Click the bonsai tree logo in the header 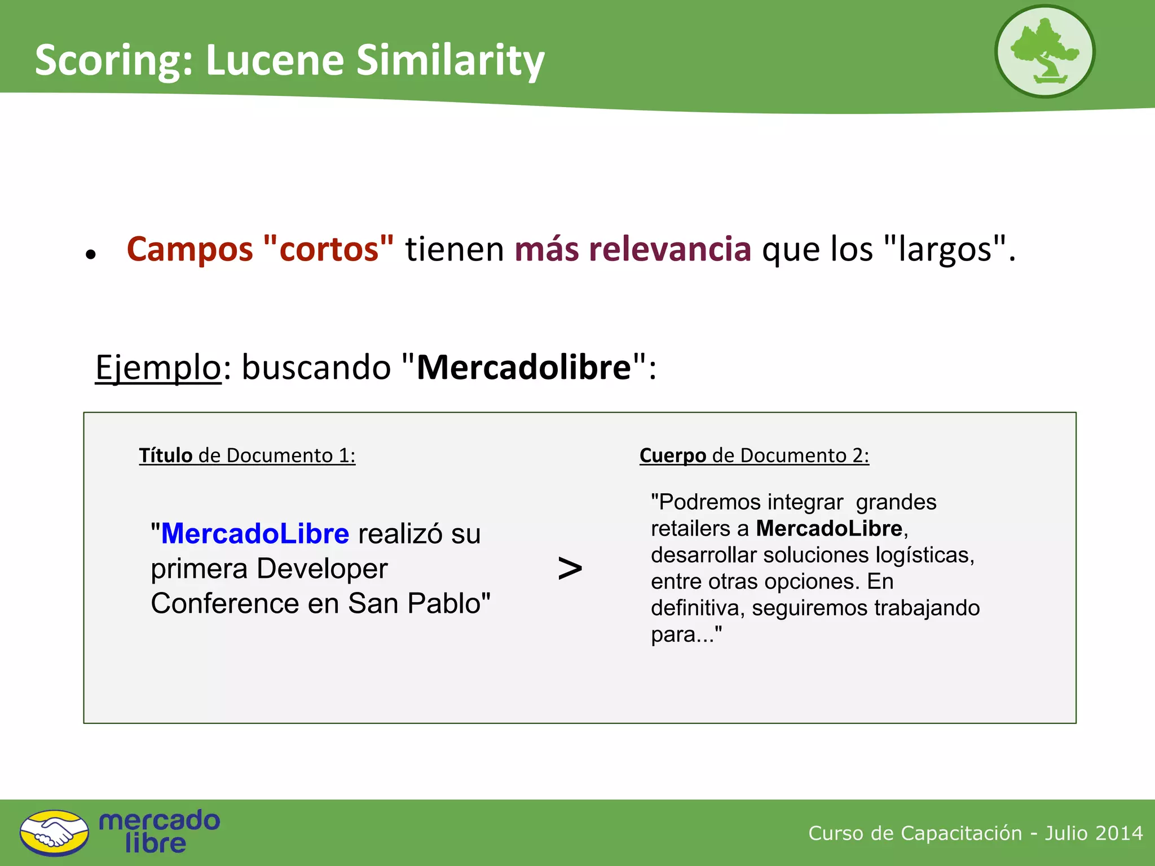point(1044,51)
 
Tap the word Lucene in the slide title point(275,60)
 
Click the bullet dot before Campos point(91,254)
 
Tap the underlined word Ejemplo point(158,368)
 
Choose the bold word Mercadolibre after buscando point(524,368)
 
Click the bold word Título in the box point(166,456)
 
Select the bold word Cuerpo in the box point(672,456)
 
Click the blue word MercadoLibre point(255,533)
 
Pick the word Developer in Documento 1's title point(322,568)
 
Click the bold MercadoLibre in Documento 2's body point(829,528)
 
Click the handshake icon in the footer point(54,833)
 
